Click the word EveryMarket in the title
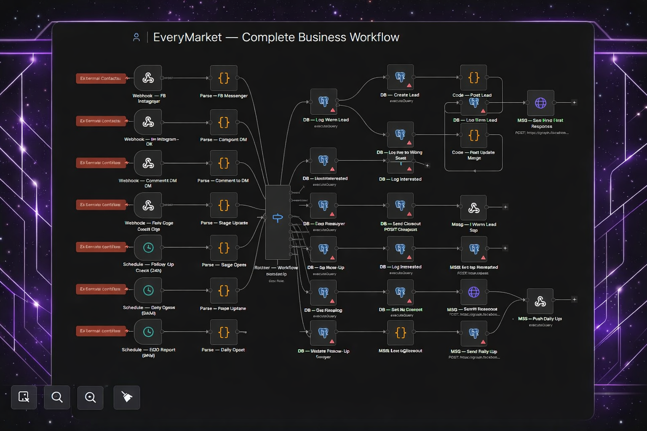click(x=187, y=37)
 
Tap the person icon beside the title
click(x=136, y=37)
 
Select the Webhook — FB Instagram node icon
click(x=148, y=78)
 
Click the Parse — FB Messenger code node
click(x=224, y=78)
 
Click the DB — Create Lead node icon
click(x=400, y=77)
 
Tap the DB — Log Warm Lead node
click(x=323, y=101)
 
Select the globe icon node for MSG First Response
click(x=540, y=103)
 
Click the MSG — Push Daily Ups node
click(x=540, y=301)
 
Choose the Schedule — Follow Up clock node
click(x=148, y=247)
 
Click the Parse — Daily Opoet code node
click(x=224, y=332)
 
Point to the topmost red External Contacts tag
click(x=101, y=78)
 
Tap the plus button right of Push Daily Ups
click(x=574, y=299)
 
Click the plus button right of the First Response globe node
click(x=574, y=102)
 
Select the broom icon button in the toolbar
click(x=127, y=397)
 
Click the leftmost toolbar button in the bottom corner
click(x=24, y=397)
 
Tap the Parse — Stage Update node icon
click(x=224, y=205)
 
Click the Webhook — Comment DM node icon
click(x=148, y=163)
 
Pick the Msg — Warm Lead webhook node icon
click(x=473, y=208)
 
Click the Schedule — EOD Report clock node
click(x=148, y=332)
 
